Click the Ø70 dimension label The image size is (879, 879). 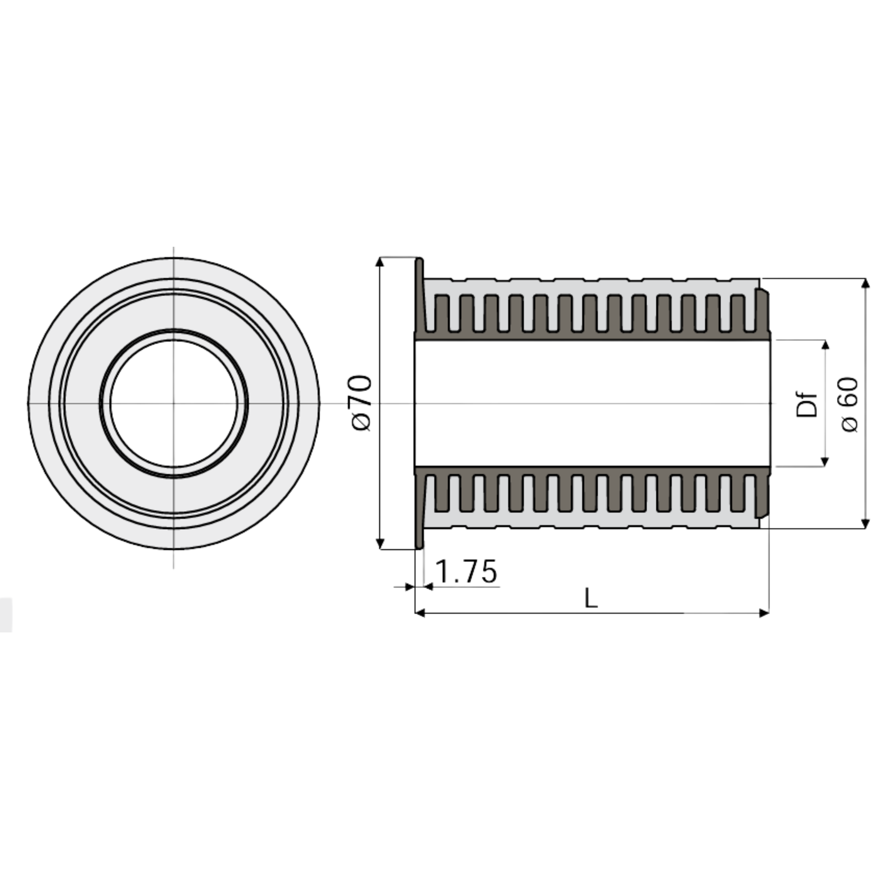362,403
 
